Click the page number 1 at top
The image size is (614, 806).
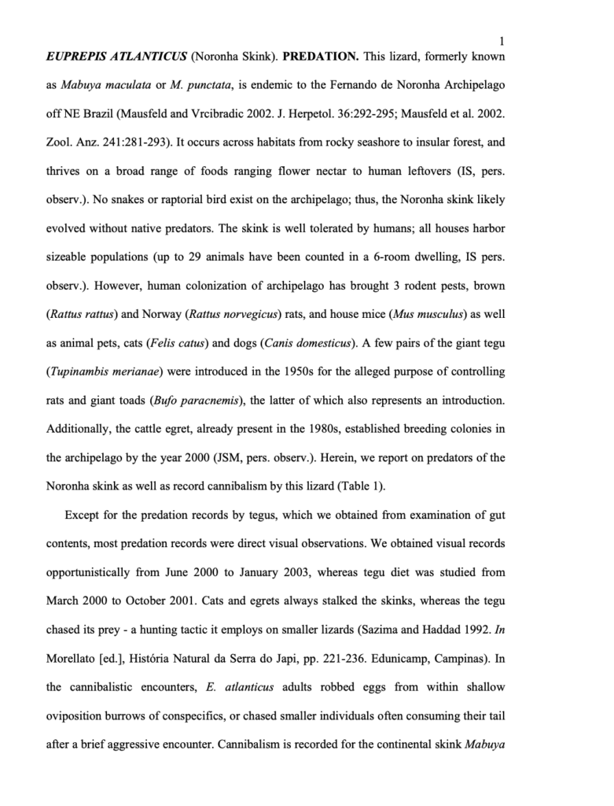(x=502, y=41)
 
